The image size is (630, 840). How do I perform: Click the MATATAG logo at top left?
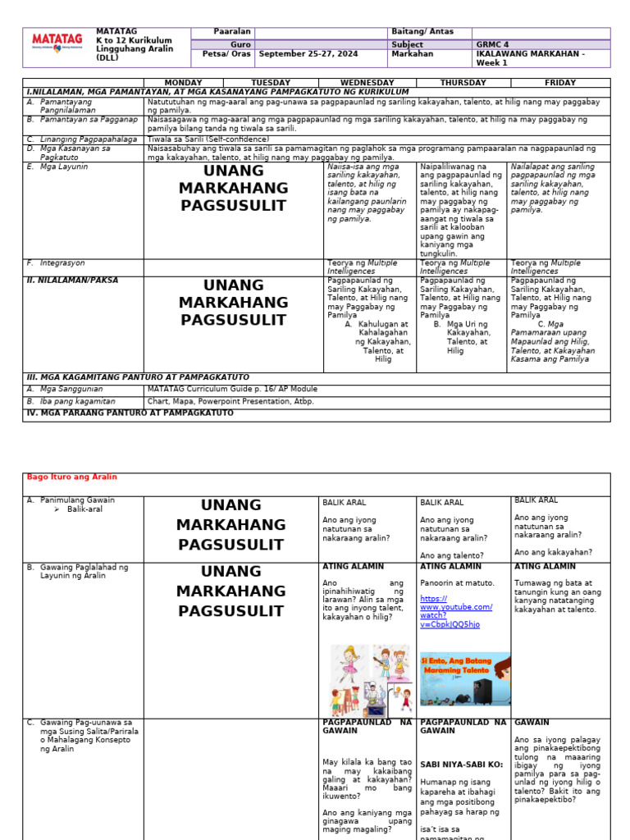click(58, 46)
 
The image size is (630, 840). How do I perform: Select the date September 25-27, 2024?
click(307, 54)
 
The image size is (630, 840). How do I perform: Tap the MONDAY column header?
click(183, 83)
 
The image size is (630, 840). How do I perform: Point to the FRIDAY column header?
click(559, 83)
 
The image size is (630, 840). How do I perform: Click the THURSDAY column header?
click(463, 83)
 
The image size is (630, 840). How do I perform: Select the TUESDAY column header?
click(271, 83)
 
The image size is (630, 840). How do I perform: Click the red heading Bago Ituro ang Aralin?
click(72, 477)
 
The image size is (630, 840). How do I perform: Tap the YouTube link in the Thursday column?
click(456, 611)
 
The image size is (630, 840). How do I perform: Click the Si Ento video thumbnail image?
click(464, 679)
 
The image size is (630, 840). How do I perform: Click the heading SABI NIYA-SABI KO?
click(460, 764)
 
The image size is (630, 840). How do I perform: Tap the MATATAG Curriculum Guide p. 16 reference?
click(232, 389)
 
